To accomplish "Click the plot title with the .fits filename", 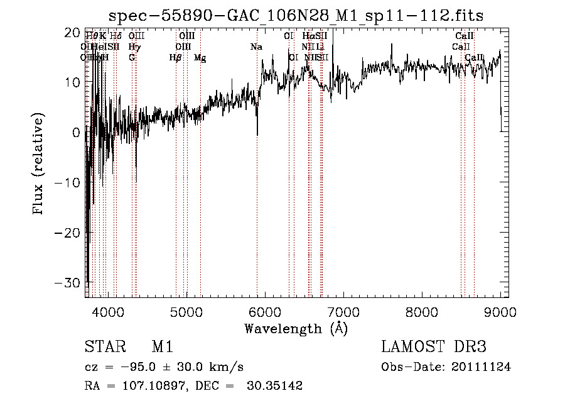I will [296, 15].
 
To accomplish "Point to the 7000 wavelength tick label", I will [343, 312].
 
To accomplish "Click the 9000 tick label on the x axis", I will [500, 312].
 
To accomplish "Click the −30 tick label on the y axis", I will [68, 282].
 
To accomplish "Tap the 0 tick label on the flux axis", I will [76, 133].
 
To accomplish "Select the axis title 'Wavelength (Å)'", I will [296, 328].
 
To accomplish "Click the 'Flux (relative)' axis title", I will [39, 165].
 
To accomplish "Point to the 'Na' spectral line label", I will [256, 47].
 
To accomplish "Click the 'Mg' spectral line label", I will [200, 58].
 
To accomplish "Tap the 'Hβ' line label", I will [176, 58].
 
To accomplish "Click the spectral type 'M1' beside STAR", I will [162, 347].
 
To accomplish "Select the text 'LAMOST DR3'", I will [433, 347].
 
